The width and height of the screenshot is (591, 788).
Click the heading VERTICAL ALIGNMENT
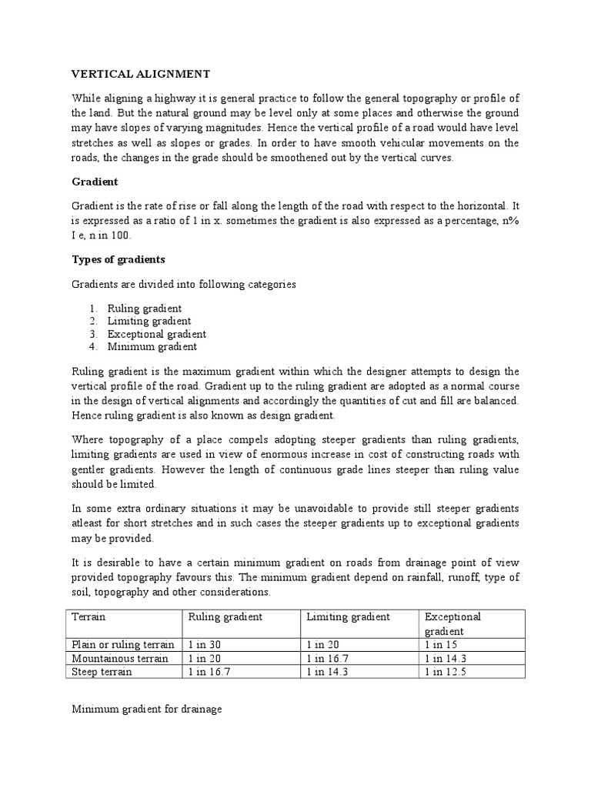140,74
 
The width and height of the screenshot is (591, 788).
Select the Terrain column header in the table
88,617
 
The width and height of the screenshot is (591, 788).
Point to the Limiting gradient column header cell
348,617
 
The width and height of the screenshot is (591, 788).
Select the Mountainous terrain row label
114,658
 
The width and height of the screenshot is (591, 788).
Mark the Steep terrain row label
102,671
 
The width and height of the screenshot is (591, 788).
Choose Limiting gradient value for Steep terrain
330,671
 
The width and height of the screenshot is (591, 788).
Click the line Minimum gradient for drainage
146,709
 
